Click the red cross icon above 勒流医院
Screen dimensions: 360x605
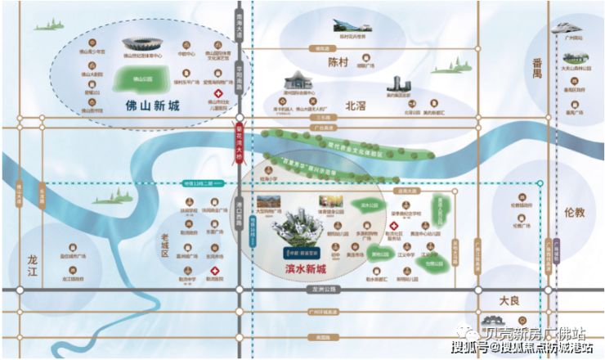pyautogui.click(x=209, y=268)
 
